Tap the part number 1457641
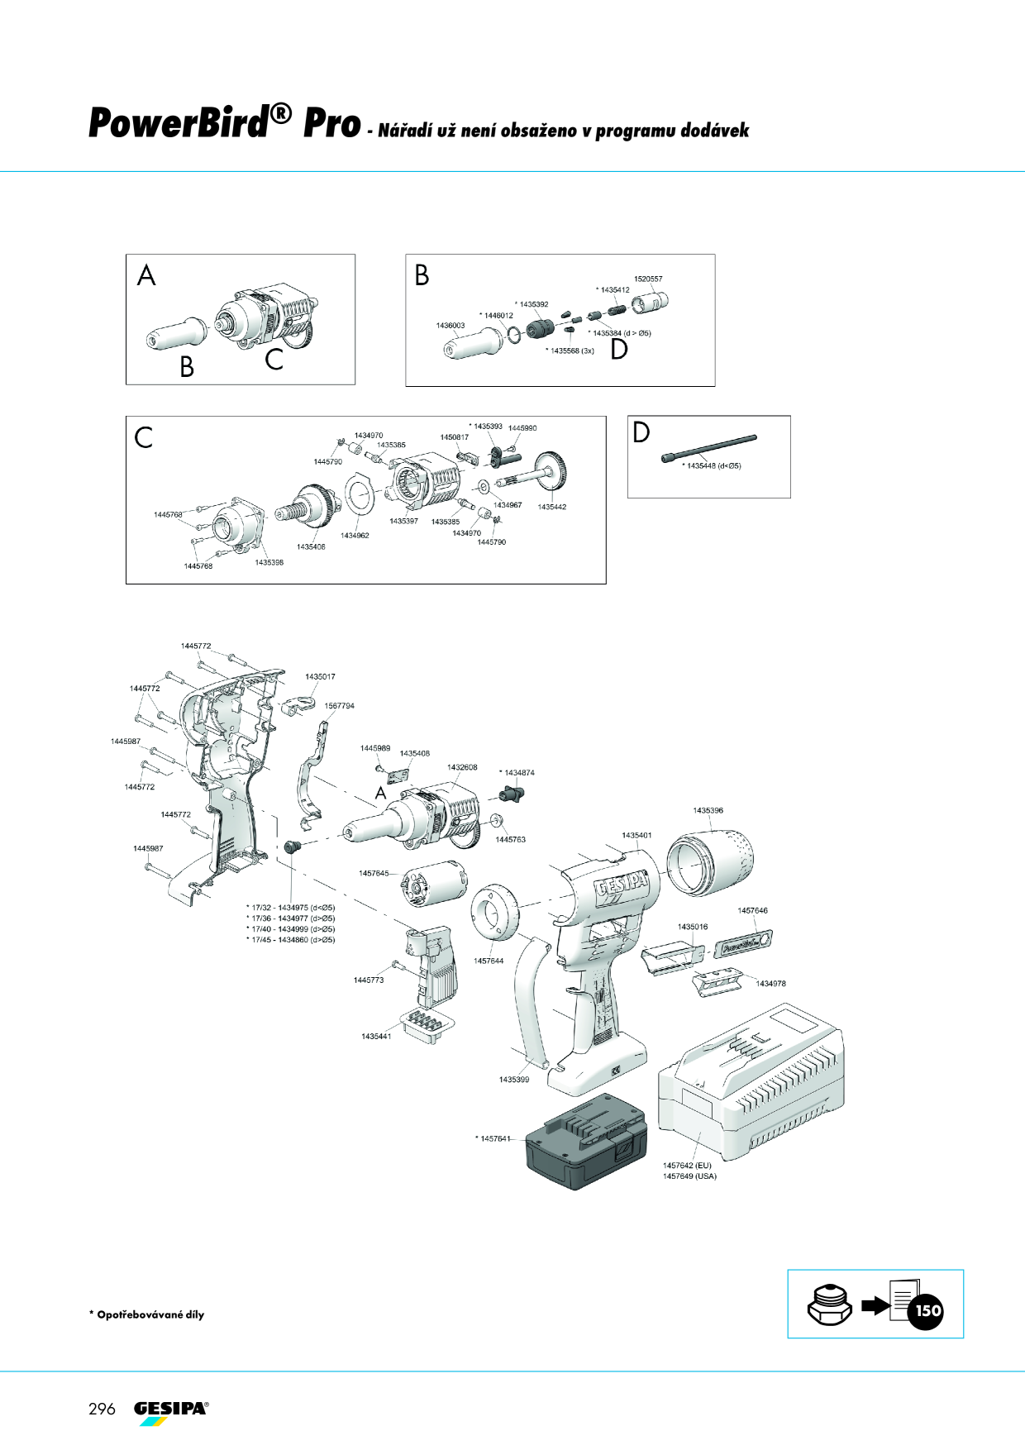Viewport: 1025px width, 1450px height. pyautogui.click(x=495, y=1139)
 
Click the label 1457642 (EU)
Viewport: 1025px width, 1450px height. pyautogui.click(x=687, y=1166)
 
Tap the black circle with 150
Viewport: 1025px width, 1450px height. pyautogui.click(x=927, y=1310)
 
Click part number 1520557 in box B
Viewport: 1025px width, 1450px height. pyautogui.click(x=648, y=279)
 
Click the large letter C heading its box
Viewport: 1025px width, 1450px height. pyautogui.click(x=144, y=437)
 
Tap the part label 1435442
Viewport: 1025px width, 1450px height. pyautogui.click(x=551, y=507)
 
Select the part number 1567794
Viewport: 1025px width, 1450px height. pyautogui.click(x=339, y=706)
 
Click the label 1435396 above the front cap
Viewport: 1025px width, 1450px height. pyautogui.click(x=708, y=810)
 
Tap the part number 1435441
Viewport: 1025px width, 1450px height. pyautogui.click(x=376, y=1036)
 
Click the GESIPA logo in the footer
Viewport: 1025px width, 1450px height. pyautogui.click(x=171, y=1411)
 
